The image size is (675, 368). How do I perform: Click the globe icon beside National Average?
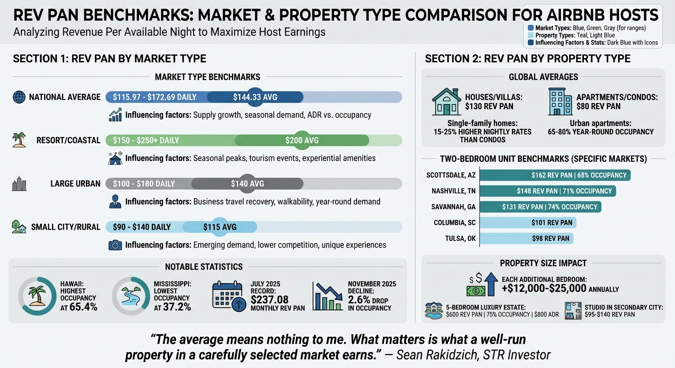(x=19, y=97)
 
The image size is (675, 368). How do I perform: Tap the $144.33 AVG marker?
(x=255, y=97)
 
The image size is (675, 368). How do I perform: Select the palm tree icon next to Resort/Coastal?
(x=19, y=140)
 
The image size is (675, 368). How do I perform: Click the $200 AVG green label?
(x=302, y=140)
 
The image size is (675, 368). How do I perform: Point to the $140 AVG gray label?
(x=247, y=184)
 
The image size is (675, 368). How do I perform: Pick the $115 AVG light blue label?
(x=220, y=227)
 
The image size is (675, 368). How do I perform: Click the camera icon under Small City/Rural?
(x=115, y=245)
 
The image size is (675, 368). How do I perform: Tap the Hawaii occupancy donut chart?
(x=37, y=296)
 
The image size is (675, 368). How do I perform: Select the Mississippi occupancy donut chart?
(x=130, y=296)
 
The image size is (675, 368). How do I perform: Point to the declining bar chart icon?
(x=327, y=296)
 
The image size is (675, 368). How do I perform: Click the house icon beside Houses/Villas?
(x=446, y=101)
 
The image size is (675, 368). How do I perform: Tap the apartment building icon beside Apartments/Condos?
(x=560, y=101)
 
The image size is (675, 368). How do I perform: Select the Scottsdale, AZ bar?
(x=555, y=175)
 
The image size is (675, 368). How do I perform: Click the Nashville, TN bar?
(x=547, y=191)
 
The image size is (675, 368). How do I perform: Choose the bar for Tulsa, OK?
(x=526, y=238)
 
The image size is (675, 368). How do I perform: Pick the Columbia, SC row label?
(x=454, y=223)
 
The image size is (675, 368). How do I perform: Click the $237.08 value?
(x=270, y=299)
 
